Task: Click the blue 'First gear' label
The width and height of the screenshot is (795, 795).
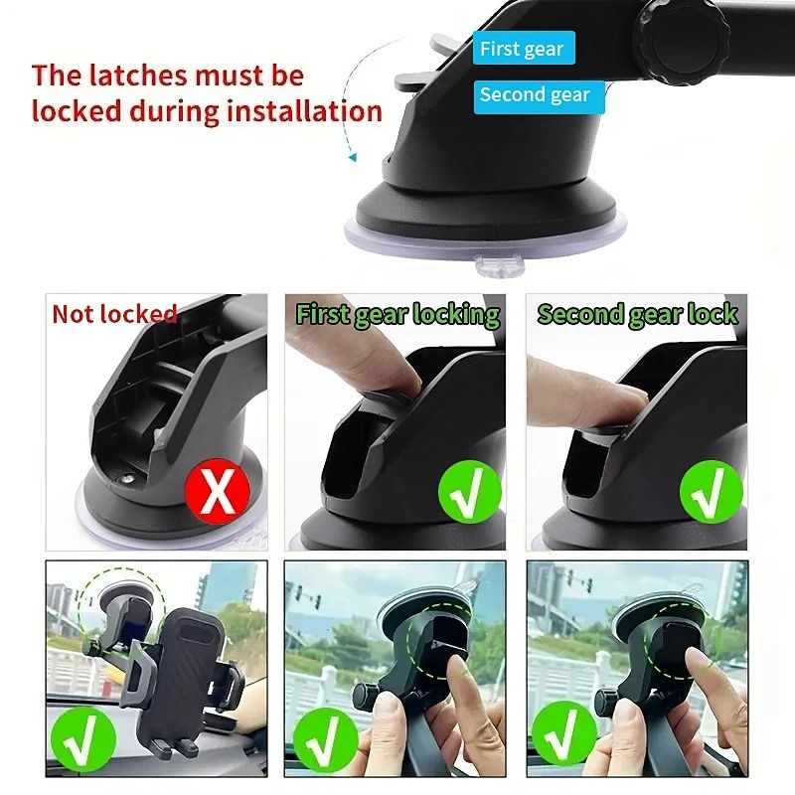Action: [522, 49]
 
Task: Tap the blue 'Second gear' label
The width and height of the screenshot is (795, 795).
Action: [534, 95]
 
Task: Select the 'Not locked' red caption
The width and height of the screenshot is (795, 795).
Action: [114, 314]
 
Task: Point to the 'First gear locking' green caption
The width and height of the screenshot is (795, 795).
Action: [397, 315]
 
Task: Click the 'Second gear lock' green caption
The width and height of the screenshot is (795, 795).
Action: [637, 314]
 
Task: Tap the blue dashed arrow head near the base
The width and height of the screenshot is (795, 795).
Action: [350, 155]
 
